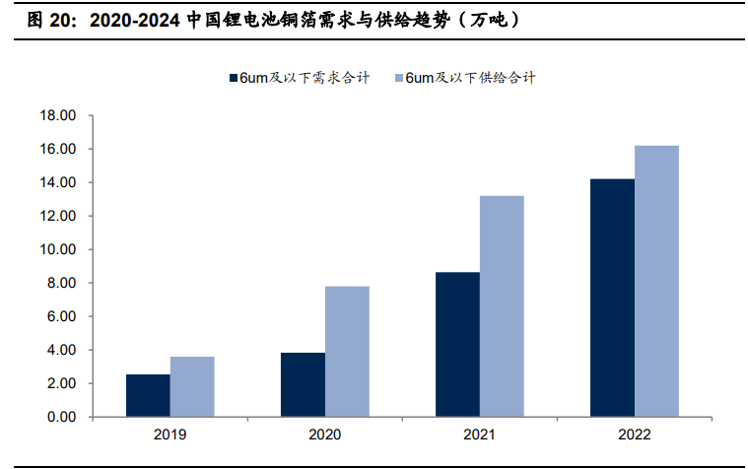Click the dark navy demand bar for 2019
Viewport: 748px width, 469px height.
tap(148, 395)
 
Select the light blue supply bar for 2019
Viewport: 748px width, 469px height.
tap(192, 386)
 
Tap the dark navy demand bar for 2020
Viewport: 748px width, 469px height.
tap(303, 384)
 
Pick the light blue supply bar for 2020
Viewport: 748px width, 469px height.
tap(347, 351)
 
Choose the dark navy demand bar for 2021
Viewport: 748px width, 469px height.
tap(457, 344)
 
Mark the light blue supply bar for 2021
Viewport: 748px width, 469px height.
tap(502, 305)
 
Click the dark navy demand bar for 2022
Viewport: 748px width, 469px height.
tap(612, 298)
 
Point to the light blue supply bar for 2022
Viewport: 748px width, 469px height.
tap(656, 281)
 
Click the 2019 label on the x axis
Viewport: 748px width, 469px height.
tap(170, 434)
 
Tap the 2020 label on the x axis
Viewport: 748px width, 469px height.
tap(324, 434)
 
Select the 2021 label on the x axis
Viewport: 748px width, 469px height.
tap(479, 434)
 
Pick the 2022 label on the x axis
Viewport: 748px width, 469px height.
tap(634, 434)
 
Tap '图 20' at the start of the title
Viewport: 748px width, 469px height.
tap(44, 20)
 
